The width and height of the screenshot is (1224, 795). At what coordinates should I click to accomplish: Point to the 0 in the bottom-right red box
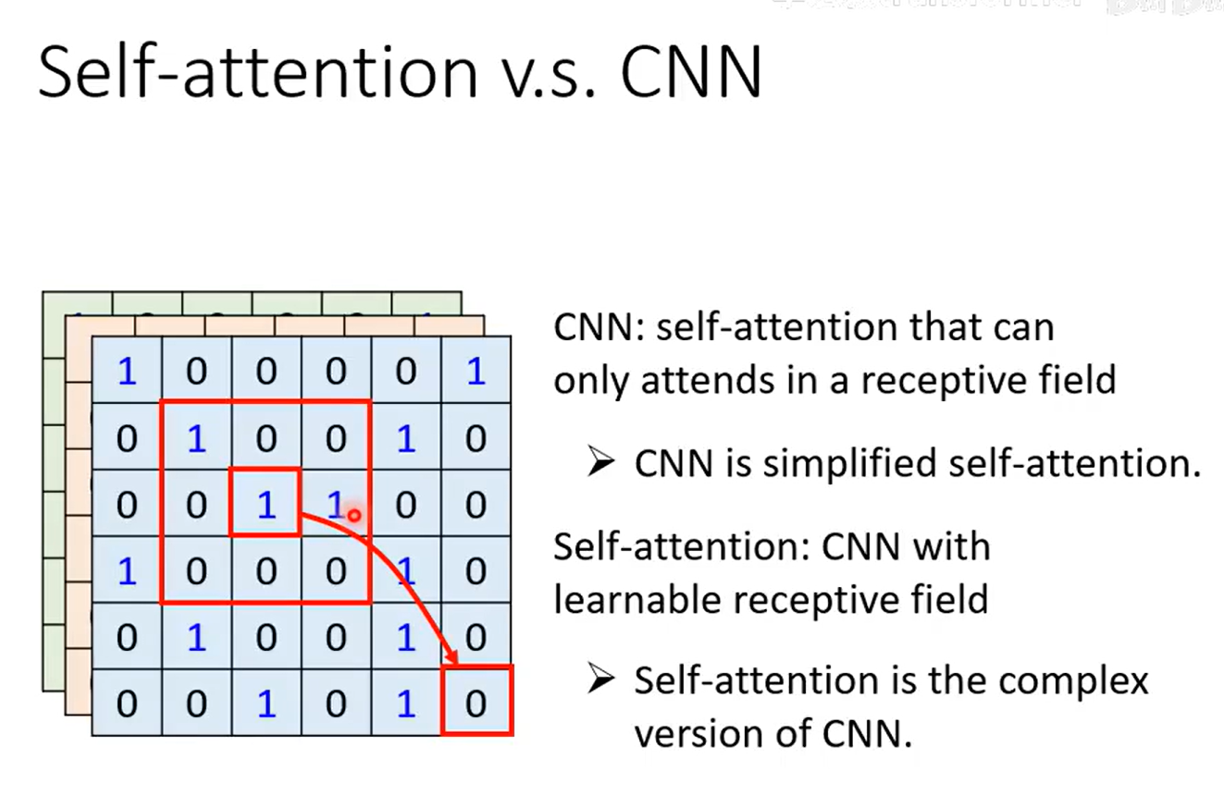click(476, 703)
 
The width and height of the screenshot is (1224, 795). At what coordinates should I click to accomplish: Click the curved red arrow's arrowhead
click(451, 658)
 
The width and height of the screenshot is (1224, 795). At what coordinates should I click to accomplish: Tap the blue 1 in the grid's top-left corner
click(127, 372)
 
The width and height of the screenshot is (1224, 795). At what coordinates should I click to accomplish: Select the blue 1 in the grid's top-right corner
click(476, 372)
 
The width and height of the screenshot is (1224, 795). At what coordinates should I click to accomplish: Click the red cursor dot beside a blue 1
click(353, 514)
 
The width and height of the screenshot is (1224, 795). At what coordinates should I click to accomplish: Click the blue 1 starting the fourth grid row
click(127, 570)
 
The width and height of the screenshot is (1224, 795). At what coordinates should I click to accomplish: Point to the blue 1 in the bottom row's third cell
click(266, 703)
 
